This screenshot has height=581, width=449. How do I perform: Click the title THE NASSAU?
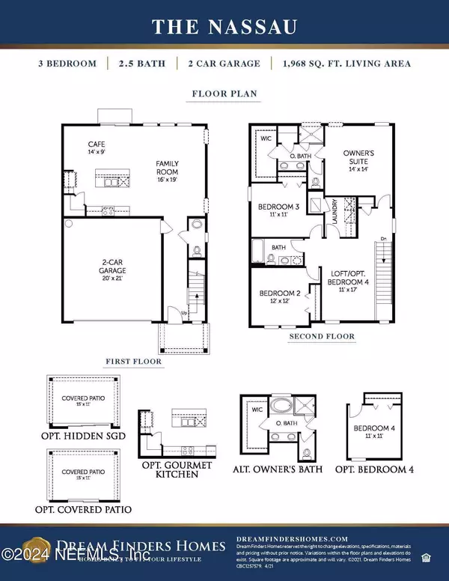click(224, 27)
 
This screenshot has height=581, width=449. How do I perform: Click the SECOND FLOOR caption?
click(322, 337)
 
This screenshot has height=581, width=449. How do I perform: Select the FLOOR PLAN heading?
click(224, 95)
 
